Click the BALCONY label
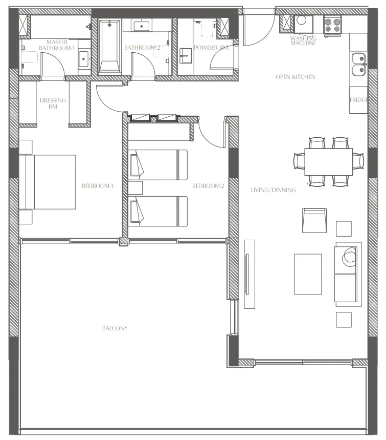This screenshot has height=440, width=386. [x=115, y=328]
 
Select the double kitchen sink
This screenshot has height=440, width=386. [x=358, y=63]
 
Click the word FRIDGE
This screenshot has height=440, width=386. [x=358, y=100]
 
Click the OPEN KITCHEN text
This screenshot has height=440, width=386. [x=296, y=77]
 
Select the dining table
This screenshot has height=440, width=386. [x=328, y=161]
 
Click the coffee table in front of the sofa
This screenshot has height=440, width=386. [x=308, y=274]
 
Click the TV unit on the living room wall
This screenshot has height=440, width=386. [x=249, y=274]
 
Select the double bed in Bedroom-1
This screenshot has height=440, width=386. [x=49, y=182]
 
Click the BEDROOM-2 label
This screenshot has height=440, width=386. [x=208, y=186]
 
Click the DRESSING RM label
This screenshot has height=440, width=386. [x=53, y=103]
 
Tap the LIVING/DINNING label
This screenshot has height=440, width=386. [x=273, y=190]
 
